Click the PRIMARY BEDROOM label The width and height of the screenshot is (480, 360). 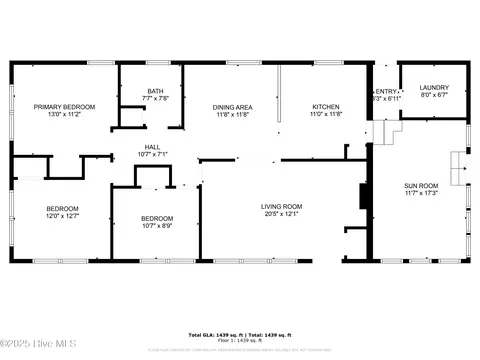pos(64,107)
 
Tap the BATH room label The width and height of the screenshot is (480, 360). pos(155,90)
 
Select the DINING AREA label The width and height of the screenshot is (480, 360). pos(232,107)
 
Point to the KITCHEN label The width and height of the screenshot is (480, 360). pos(326,107)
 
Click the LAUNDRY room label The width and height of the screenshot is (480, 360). pos(433,88)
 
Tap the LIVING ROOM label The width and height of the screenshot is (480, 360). pos(283,206)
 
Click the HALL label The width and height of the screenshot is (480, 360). pos(152,146)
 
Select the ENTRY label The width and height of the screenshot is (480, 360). pos(386,90)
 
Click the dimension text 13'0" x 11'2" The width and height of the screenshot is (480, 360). pos(64,115)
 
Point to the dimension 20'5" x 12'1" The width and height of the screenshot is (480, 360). pos(283,214)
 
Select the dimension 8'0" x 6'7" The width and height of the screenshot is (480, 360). pos(433,96)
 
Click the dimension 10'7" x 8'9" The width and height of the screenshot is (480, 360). pos(156,226)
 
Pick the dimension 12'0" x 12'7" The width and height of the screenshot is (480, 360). pos(62,216)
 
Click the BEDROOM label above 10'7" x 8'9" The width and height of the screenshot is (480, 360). pos(156,218)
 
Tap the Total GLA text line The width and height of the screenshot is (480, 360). pos(240,334)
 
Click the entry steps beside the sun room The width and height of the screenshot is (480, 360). pos(391,130)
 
